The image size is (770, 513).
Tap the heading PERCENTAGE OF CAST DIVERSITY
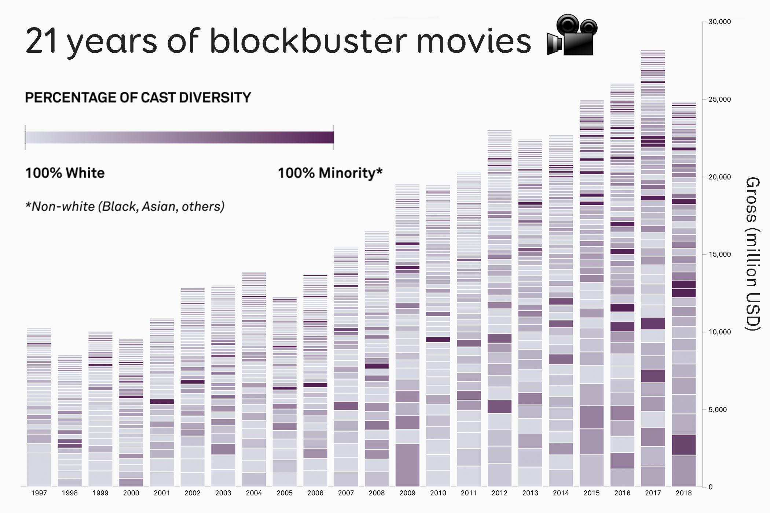[x=138, y=98]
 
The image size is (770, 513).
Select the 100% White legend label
[x=65, y=173]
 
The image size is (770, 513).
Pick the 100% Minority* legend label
[x=330, y=173]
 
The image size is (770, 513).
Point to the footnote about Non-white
[x=125, y=207]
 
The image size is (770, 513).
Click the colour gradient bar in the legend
[x=179, y=137]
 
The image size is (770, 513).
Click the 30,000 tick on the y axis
[x=719, y=22]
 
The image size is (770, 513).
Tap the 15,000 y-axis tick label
[x=719, y=254]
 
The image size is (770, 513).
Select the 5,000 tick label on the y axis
[x=718, y=410]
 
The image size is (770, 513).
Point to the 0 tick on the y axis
[x=711, y=487]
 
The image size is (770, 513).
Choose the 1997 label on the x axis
[x=39, y=493]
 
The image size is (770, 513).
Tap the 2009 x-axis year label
[x=407, y=493]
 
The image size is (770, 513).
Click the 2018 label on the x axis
[x=683, y=493]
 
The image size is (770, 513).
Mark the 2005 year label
[x=285, y=493]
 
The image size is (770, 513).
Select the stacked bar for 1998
[x=70, y=421]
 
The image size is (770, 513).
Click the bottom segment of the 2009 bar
[x=407, y=465]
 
